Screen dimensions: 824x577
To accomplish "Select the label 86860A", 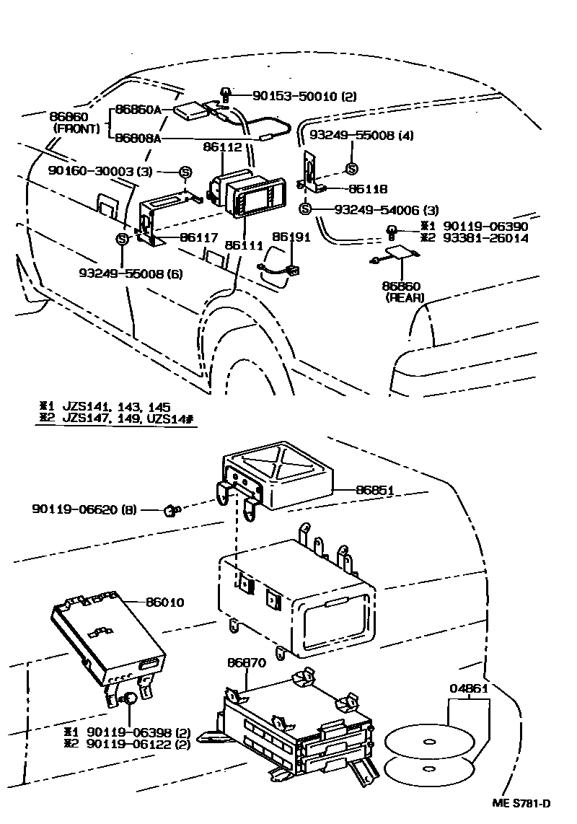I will pos(142,110).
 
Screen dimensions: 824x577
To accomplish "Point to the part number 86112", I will pos(223,147).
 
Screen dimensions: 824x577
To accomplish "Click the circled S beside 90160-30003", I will pos(185,172).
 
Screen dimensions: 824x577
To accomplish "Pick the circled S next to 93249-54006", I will pos(304,209).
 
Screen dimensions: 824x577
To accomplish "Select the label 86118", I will pos(368,189).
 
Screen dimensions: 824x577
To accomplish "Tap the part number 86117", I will pos(200,236).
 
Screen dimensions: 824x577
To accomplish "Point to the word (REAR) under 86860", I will pos(403,297).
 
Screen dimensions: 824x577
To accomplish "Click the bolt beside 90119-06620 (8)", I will pos(171,510).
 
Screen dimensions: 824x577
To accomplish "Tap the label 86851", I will pos(375,490).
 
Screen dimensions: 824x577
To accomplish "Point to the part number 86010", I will pos(165,602).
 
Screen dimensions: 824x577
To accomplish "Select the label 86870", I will pos(247,662).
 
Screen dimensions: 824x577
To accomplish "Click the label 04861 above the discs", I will pos(470,688).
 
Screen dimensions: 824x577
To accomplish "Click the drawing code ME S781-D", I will pos(521,805).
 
